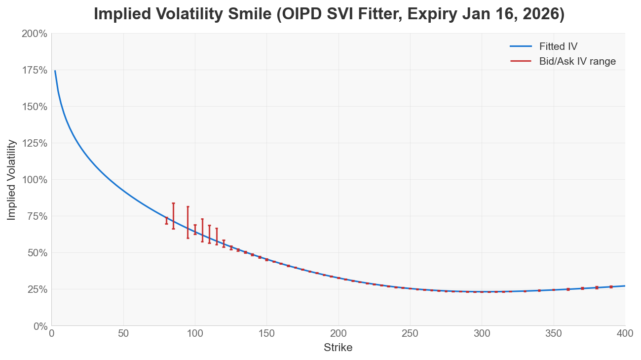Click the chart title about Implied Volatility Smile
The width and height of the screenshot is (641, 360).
pos(329,14)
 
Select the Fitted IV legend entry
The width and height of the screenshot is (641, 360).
pos(558,46)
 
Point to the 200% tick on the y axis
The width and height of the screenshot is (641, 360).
pos(35,34)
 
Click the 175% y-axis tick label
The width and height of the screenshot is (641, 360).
pos(35,70)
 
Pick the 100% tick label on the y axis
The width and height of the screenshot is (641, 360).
pos(35,180)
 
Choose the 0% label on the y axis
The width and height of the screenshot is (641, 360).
pos(39,326)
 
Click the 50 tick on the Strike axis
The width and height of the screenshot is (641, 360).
pos(123,333)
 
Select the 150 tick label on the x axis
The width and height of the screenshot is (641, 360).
pos(266,333)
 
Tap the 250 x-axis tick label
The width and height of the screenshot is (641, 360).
pos(410,333)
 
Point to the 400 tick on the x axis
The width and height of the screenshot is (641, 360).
pos(625,333)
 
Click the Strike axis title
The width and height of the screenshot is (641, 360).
pos(338,348)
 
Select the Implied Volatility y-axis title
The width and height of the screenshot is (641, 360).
pos(11,180)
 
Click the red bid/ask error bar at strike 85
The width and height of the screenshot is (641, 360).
pos(173,216)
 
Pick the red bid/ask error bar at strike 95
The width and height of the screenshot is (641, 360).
pos(188,222)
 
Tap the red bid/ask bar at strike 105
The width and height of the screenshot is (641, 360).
pos(202,230)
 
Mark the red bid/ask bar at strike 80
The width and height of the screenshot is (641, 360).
pos(166,221)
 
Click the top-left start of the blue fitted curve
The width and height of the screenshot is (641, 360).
pos(55,71)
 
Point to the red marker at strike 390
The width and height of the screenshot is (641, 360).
pos(611,287)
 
